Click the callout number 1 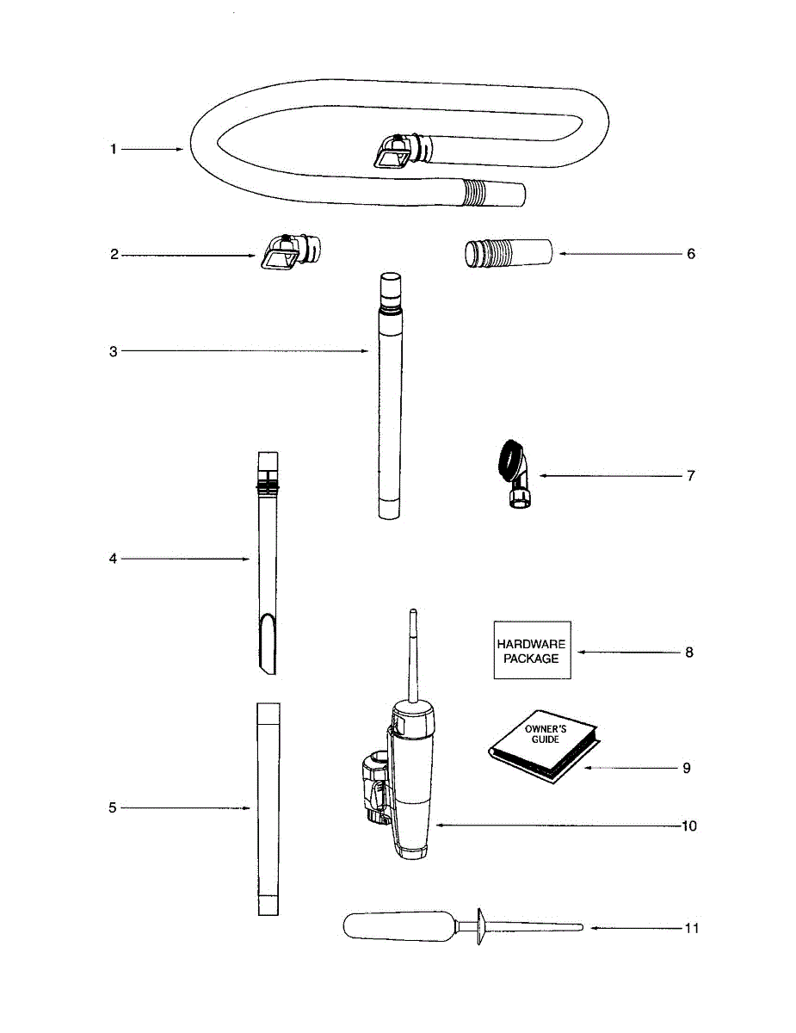coord(113,149)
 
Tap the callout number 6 coord(691,254)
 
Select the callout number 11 coord(692,928)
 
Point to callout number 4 coord(113,559)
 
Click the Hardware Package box coord(532,651)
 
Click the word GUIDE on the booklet coord(544,739)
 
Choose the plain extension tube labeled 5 coord(268,807)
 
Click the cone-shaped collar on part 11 coord(479,927)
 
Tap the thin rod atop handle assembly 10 coord(412,654)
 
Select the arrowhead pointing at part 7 coord(542,475)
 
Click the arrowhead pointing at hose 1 coord(179,149)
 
